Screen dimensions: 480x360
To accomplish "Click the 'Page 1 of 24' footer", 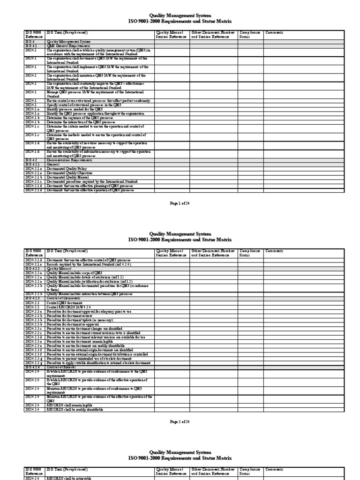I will [180, 202].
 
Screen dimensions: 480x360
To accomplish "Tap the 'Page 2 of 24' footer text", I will [180, 421].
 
